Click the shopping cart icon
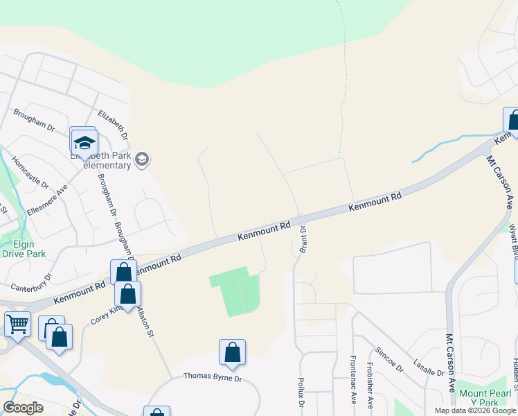click(x=17, y=323)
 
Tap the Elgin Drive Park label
click(x=24, y=249)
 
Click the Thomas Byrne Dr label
click(x=213, y=376)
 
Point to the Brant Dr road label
click(x=303, y=239)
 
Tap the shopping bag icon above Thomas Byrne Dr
click(x=233, y=352)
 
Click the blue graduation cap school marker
click(x=84, y=142)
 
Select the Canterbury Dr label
click(x=31, y=283)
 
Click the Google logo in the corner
click(x=24, y=408)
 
